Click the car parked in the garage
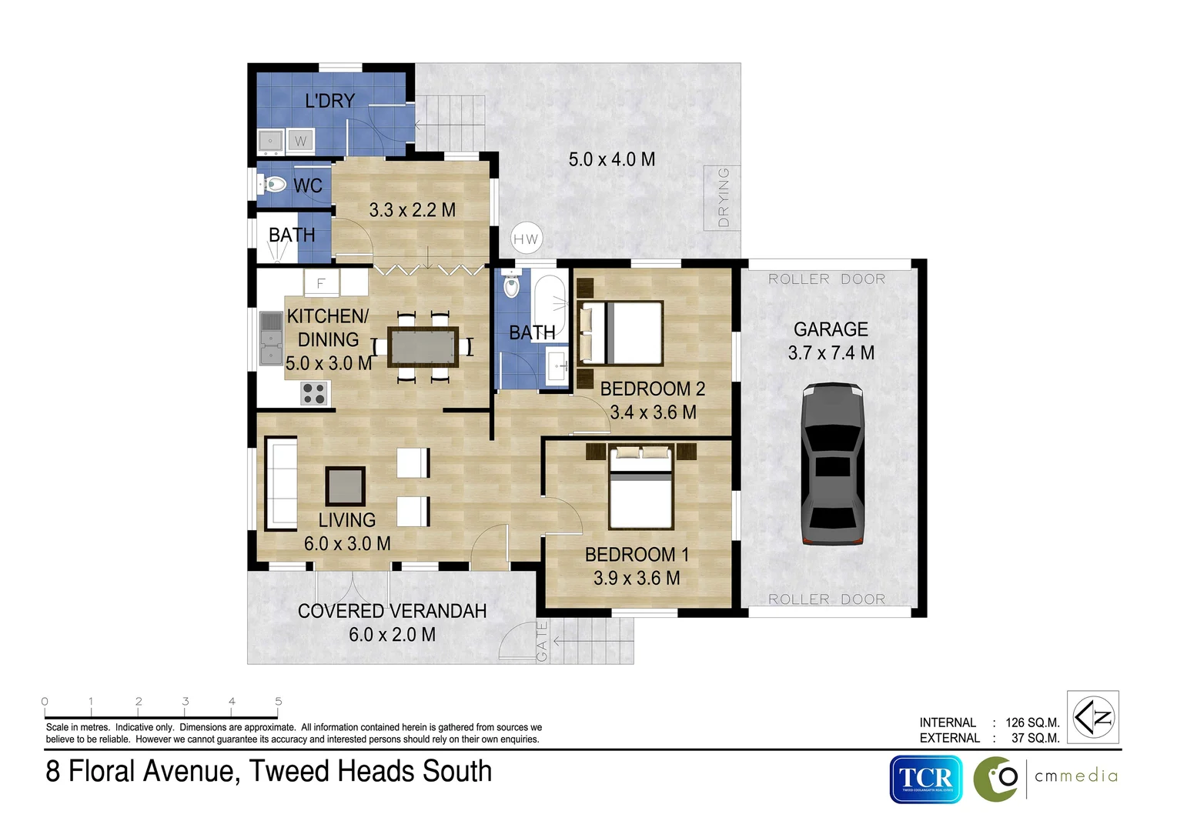[832, 465]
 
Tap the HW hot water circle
[526, 239]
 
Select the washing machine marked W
[301, 142]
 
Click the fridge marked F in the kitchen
[321, 283]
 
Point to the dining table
[423, 346]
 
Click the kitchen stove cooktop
[314, 394]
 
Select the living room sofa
[281, 484]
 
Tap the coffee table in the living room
[345, 486]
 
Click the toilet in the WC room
[272, 185]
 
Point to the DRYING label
[723, 198]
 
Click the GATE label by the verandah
[542, 641]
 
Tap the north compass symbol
[1093, 717]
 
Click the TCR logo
[926, 779]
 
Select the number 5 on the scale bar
[279, 701]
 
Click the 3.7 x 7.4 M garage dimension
[831, 353]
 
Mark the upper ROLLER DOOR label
[827, 279]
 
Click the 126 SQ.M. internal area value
[1032, 723]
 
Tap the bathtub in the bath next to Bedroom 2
[550, 305]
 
